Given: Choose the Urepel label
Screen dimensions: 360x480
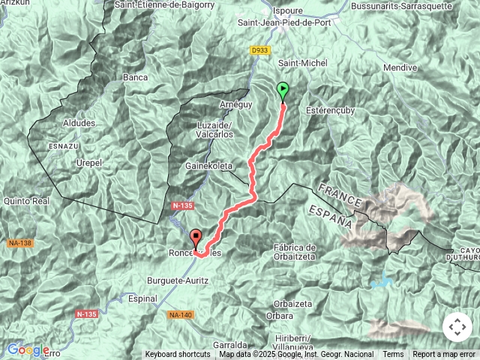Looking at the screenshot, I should (88, 162).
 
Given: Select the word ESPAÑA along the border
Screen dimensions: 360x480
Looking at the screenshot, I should (330, 214).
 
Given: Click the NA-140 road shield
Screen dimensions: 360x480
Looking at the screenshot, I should (180, 314).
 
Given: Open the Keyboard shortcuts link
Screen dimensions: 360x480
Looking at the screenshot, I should (178, 354).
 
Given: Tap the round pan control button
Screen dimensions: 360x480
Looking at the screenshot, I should (457, 327).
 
